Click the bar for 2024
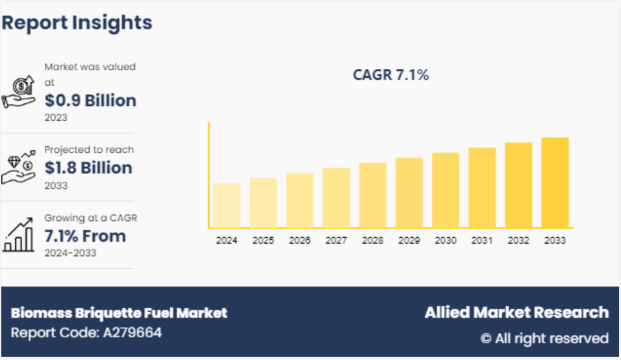227,205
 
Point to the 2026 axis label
299,240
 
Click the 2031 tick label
482,240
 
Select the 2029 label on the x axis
409,240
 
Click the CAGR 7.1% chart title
391,75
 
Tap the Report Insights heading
77,23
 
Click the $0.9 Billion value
90,100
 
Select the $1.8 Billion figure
88,168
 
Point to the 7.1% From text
85,235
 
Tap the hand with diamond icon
19,168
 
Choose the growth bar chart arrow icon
19,235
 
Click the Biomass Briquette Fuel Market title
119,313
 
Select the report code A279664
86,333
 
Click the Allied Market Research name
516,313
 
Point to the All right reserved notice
544,338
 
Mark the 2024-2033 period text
70,253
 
